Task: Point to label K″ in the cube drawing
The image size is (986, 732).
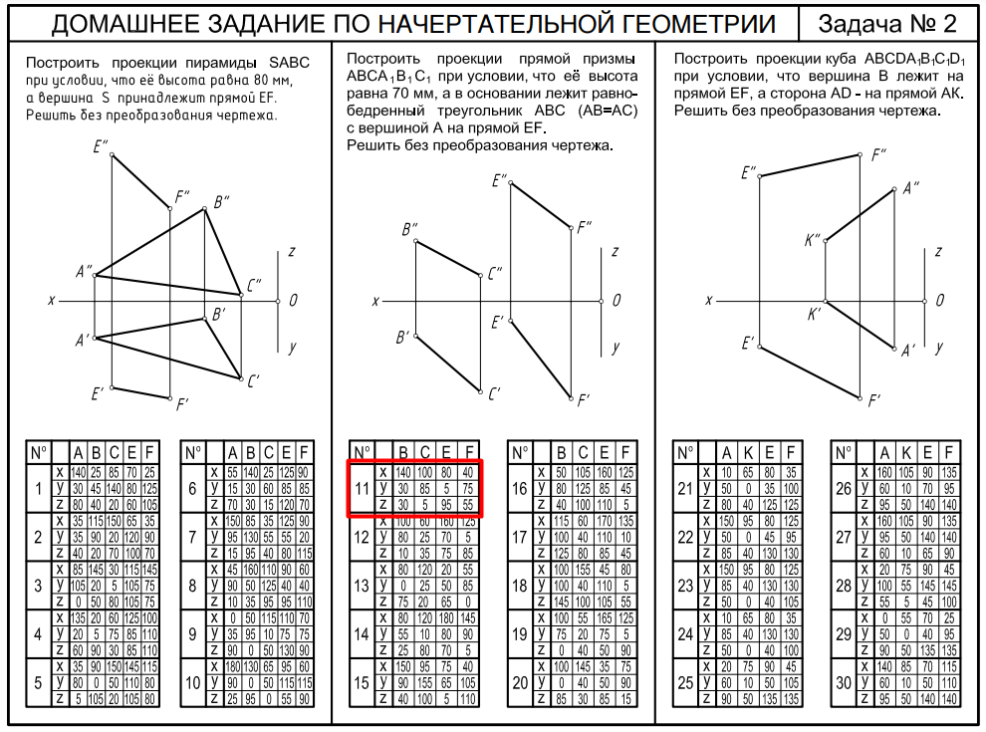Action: (x=812, y=240)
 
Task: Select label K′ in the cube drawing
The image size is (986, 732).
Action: (x=814, y=316)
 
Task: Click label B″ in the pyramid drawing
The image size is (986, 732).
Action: (x=221, y=201)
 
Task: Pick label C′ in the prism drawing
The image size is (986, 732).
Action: (x=494, y=395)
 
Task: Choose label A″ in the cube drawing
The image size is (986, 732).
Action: (x=911, y=189)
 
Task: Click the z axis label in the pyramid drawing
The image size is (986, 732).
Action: (x=290, y=252)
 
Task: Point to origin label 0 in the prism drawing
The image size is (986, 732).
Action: (x=616, y=300)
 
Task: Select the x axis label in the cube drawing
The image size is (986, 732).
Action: (x=709, y=300)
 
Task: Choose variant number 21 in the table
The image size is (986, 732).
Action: (x=684, y=489)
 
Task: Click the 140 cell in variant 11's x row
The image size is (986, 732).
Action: (x=403, y=472)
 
